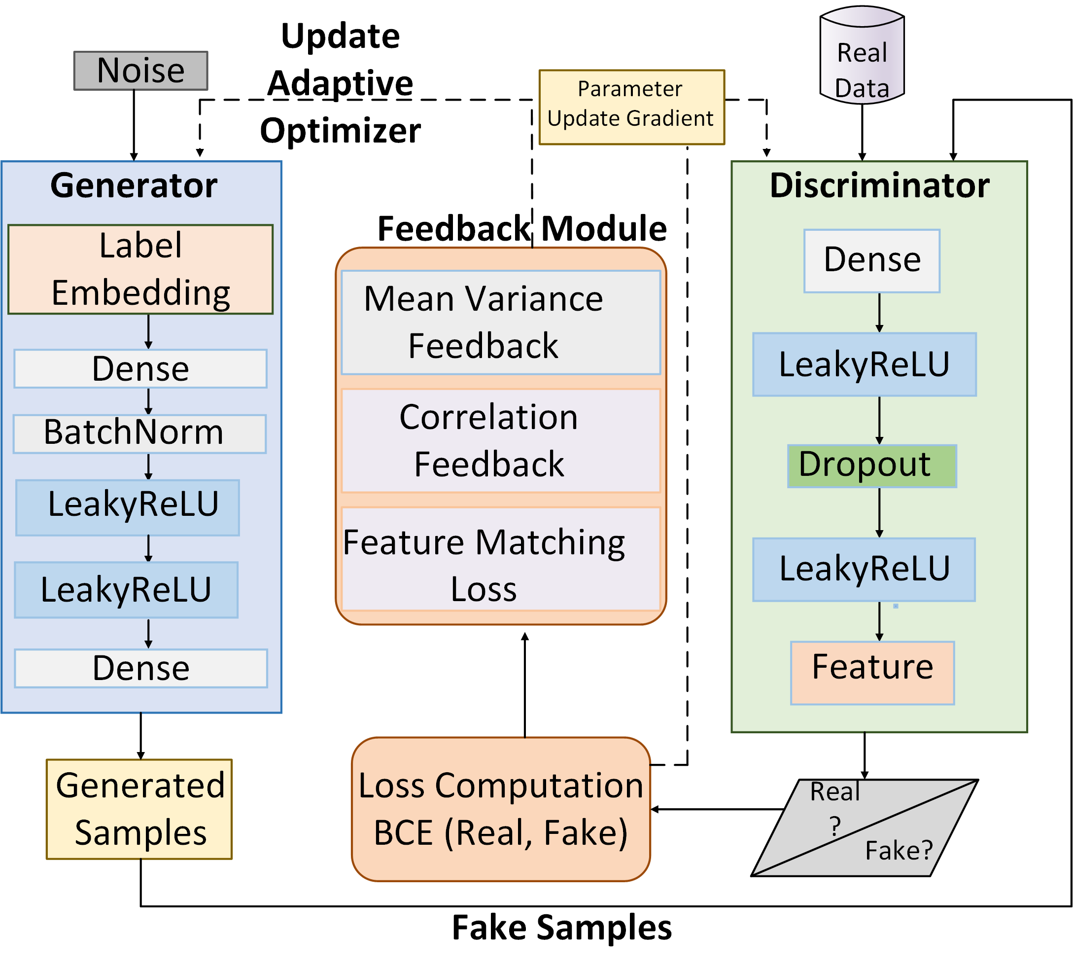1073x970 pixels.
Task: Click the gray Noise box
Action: (x=140, y=71)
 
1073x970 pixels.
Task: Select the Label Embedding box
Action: (x=140, y=269)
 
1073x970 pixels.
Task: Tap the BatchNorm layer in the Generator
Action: (x=140, y=434)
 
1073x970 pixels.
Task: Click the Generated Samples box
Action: (x=139, y=809)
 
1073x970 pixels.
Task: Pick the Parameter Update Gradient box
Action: (x=632, y=107)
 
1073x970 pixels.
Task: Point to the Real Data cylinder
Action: (x=862, y=55)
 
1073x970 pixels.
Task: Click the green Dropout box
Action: (x=872, y=466)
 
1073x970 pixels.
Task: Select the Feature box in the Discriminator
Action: (x=872, y=673)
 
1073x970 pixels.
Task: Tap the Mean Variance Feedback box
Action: (x=501, y=323)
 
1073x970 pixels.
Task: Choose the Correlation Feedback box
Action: (x=501, y=441)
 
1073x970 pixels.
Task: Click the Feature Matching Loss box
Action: (x=501, y=559)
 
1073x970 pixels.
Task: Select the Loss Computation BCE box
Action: (x=501, y=809)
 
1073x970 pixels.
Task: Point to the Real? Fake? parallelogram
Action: (x=865, y=828)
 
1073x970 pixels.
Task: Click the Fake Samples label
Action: (x=562, y=928)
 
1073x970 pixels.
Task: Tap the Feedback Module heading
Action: (x=522, y=229)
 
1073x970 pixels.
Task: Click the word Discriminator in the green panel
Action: (x=880, y=185)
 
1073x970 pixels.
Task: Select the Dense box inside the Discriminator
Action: (x=872, y=261)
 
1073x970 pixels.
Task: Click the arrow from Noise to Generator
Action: (x=134, y=126)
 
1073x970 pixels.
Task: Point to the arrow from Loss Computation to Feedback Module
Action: (x=525, y=685)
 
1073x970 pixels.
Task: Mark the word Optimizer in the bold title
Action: (x=341, y=131)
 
